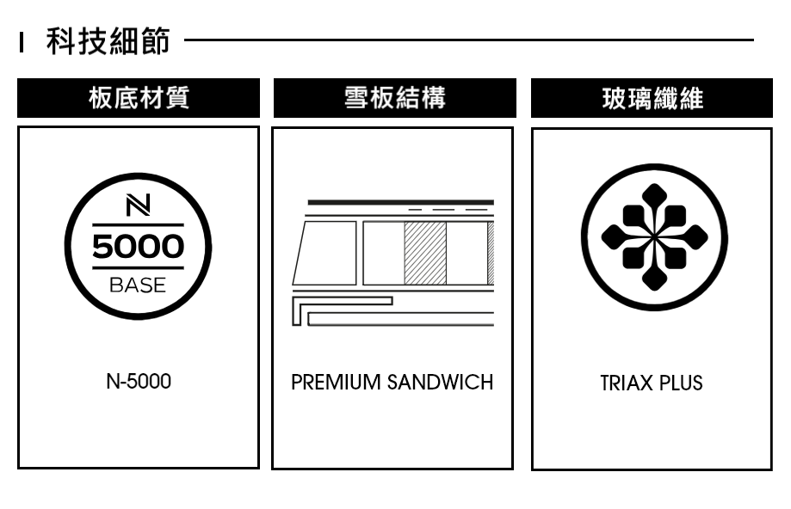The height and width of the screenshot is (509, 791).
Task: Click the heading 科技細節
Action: click(x=108, y=40)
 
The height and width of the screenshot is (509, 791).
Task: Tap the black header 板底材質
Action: click(x=139, y=98)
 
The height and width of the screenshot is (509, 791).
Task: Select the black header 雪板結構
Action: click(x=394, y=98)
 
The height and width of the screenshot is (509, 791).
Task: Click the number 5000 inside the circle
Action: click(x=138, y=248)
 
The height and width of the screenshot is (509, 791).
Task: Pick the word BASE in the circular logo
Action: click(x=138, y=285)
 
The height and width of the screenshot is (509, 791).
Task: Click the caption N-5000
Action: click(x=138, y=381)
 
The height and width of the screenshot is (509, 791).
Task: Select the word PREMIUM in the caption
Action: click(x=337, y=382)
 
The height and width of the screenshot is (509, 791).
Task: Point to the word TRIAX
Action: click(x=627, y=383)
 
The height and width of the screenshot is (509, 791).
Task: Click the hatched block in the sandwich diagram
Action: click(x=425, y=253)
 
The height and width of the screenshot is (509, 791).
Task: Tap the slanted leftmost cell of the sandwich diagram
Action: click(x=325, y=253)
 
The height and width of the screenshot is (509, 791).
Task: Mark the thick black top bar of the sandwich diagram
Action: click(x=400, y=202)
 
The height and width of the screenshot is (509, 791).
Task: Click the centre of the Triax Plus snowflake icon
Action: click(x=653, y=236)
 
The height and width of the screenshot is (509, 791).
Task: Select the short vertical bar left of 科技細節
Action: click(x=22, y=40)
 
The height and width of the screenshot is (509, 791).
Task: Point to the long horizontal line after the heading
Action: click(x=468, y=40)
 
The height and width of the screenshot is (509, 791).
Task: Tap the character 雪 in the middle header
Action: click(x=357, y=98)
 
